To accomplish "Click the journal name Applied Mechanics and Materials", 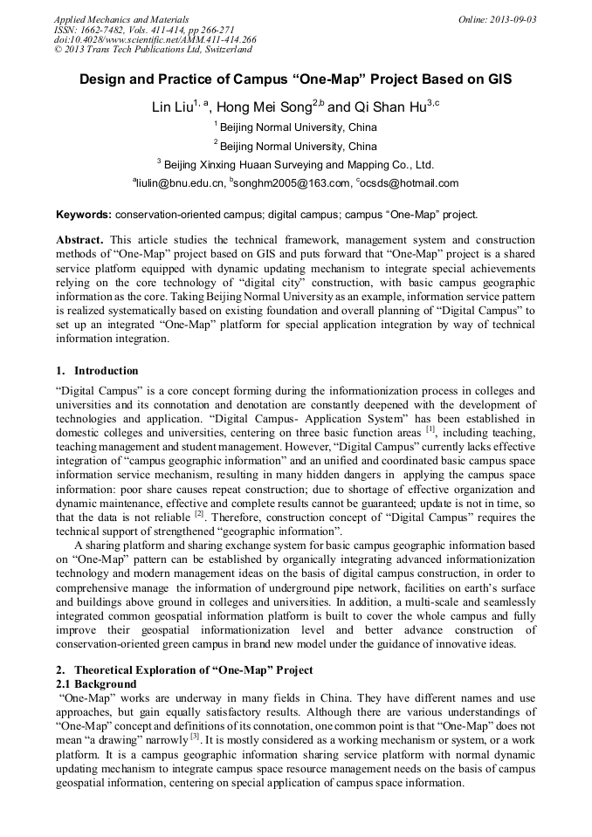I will click(x=120, y=19).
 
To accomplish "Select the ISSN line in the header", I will click(x=144, y=30).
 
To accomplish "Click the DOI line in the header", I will click(x=155, y=40).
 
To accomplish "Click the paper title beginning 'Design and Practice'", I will click(x=295, y=79).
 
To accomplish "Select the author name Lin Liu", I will click(x=171, y=108).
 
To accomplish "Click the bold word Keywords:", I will click(x=84, y=215).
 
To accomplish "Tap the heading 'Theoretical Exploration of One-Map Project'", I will click(x=193, y=671).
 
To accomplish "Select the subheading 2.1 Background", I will click(x=96, y=684).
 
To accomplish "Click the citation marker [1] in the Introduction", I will click(x=430, y=428).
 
